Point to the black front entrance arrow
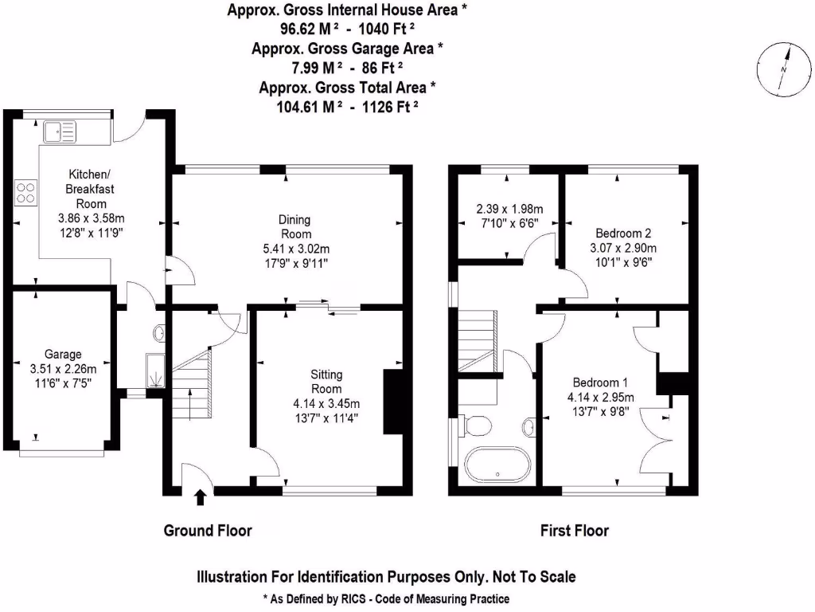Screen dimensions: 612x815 click(200, 498)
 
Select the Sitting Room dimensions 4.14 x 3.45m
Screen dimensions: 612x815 click(326, 402)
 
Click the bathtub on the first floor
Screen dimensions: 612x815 click(497, 467)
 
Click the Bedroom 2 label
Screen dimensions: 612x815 click(624, 233)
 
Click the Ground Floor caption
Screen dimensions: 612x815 click(208, 530)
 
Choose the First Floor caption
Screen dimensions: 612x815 click(575, 530)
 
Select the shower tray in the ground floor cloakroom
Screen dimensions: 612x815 click(156, 370)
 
